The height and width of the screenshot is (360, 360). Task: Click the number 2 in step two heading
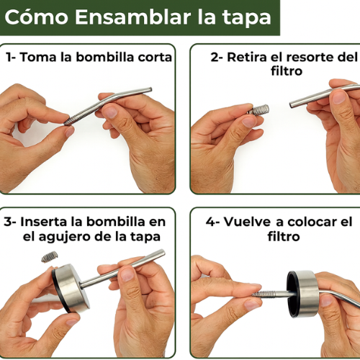coord(215,58)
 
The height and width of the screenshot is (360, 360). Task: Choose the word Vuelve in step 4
coord(248,222)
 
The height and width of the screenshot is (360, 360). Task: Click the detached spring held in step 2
coord(258,111)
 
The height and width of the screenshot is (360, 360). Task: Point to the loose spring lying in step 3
coord(50,256)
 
